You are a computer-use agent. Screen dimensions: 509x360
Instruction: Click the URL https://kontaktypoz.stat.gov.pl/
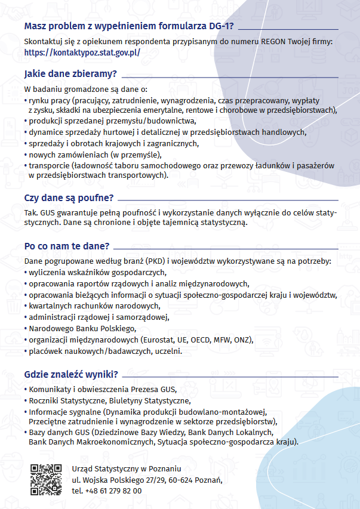pos(82,53)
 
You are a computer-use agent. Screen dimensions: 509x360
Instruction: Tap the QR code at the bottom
pos(46,479)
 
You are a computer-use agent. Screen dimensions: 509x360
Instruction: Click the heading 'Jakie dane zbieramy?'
pos(70,75)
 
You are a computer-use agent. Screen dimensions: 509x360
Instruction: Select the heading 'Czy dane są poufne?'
pos(69,198)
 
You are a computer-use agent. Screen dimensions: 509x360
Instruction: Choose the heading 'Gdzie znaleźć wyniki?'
pos(71,375)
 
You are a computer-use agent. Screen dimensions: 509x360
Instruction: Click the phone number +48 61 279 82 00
pos(107,491)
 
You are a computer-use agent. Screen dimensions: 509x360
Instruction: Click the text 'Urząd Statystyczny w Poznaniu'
pos(126,468)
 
